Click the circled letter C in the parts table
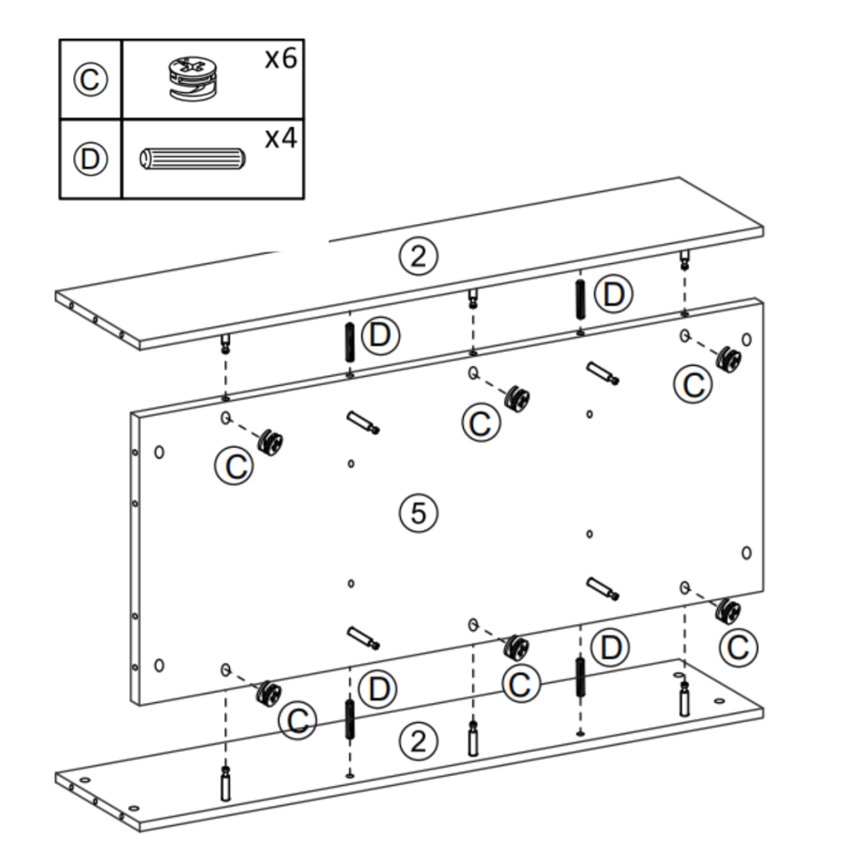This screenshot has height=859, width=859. [90, 81]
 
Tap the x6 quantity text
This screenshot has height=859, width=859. [281, 60]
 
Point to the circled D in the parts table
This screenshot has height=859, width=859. [90, 159]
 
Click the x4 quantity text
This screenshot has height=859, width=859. [281, 138]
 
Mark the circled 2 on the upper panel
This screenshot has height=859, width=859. [418, 256]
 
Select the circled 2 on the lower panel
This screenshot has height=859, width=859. [418, 741]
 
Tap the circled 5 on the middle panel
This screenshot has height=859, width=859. [418, 513]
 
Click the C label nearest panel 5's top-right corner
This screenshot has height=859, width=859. [694, 384]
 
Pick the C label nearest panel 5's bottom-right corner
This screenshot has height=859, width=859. [739, 647]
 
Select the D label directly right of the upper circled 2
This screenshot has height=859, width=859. [613, 294]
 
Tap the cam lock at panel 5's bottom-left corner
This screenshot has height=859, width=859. [269, 693]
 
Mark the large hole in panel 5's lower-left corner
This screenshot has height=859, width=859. [159, 665]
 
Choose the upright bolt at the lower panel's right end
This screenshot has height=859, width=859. [685, 698]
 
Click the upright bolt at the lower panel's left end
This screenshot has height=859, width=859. [225, 784]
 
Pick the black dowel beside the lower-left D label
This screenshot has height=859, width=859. [349, 720]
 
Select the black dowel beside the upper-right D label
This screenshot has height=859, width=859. [580, 299]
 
